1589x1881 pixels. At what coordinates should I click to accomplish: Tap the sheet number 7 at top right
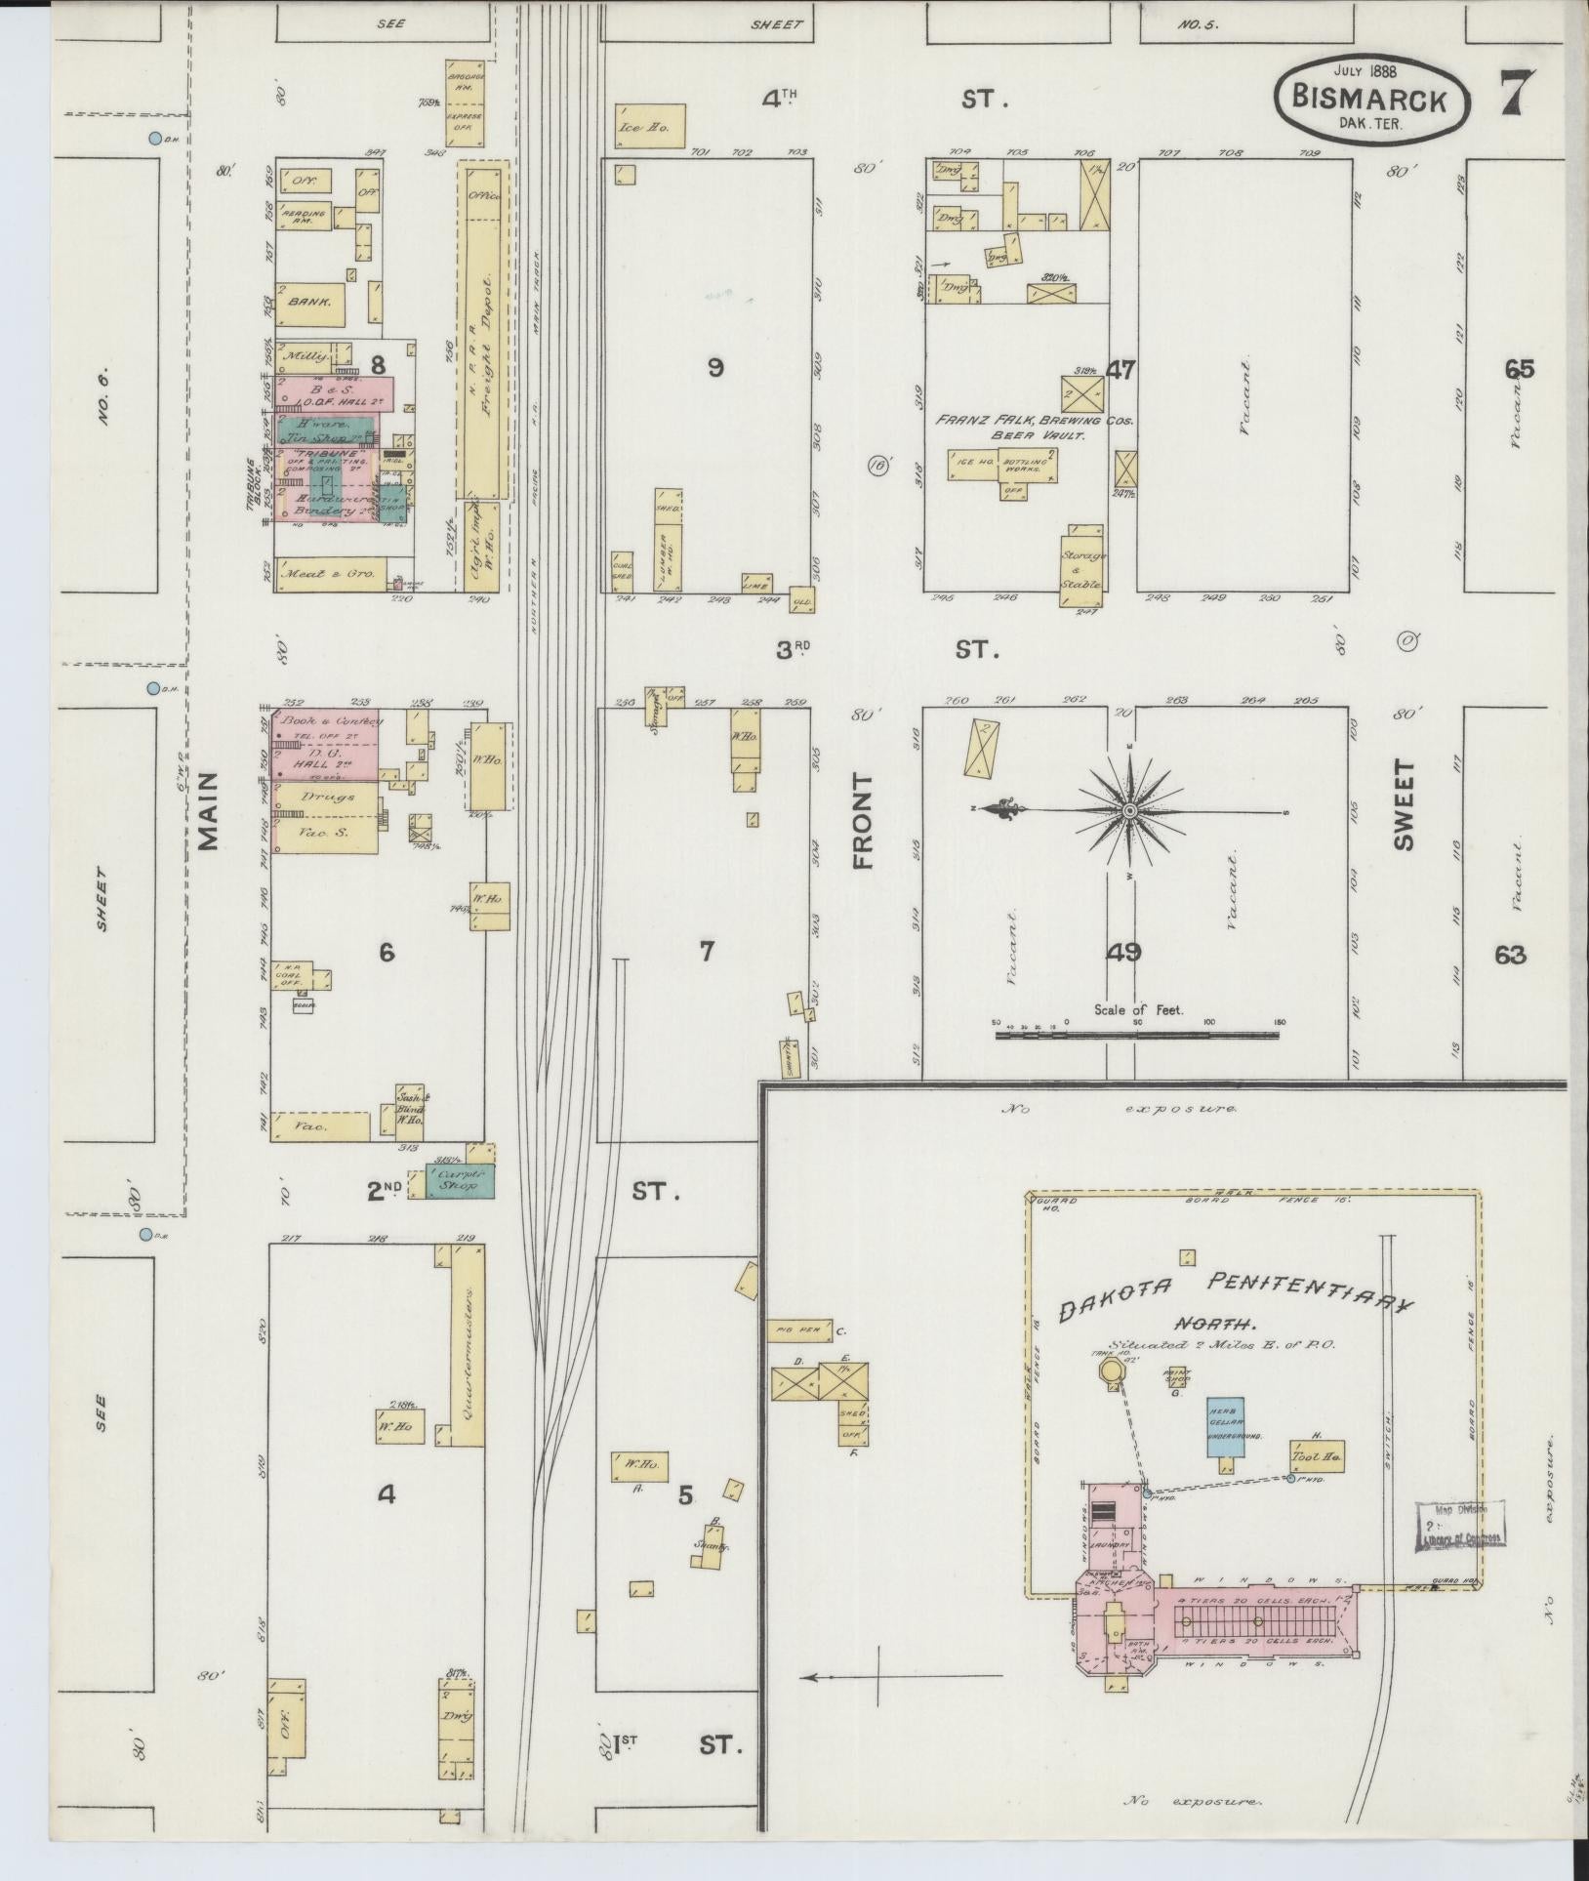[1521, 95]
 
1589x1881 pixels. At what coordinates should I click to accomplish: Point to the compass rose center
[1129, 810]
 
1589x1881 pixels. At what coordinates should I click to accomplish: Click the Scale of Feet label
[1138, 1010]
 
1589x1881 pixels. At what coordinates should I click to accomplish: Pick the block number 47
[1121, 369]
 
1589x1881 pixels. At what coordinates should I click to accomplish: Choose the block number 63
[1509, 955]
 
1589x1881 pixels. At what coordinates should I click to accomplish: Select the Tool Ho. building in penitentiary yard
[1318, 1457]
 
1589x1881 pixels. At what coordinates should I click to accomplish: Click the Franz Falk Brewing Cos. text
[1035, 421]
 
